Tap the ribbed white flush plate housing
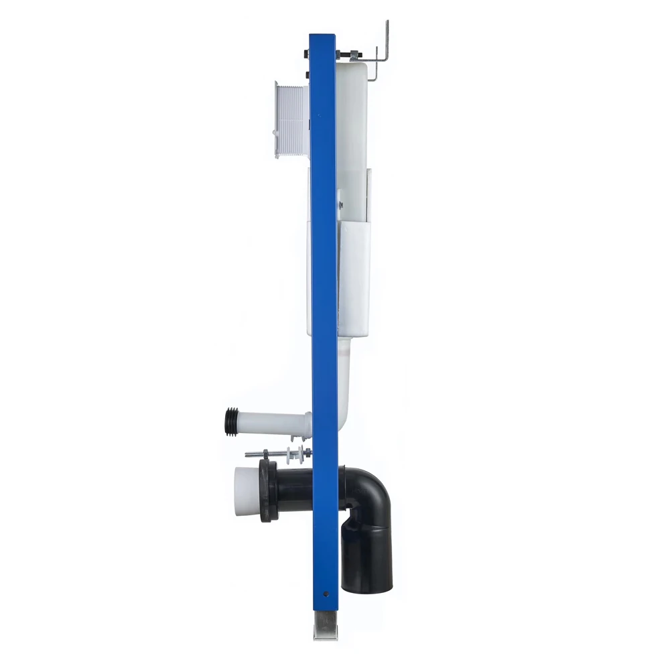291,119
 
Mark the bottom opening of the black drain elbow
367,588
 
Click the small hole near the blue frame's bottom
326,592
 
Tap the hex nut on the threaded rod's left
266,454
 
